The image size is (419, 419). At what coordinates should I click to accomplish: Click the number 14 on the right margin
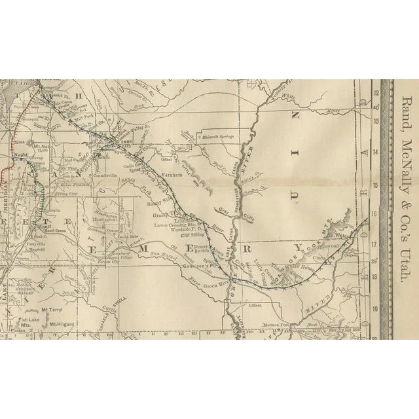pyautogui.click(x=376, y=151)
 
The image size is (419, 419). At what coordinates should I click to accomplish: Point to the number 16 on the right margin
pyautogui.click(x=376, y=213)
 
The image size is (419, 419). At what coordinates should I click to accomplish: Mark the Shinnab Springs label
pyautogui.click(x=218, y=137)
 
